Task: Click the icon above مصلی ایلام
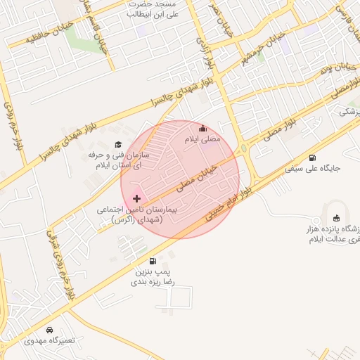pos(203,128)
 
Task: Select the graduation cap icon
pos(117,144)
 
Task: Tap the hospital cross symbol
pos(136,199)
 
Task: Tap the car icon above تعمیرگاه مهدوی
pos(49,330)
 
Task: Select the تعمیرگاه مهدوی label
pos(48,341)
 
